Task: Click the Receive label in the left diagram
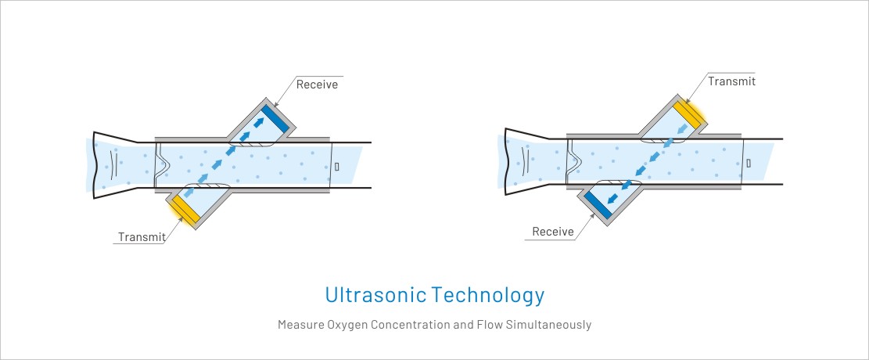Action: point(317,85)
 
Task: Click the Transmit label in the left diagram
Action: point(142,237)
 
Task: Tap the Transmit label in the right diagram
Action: point(731,81)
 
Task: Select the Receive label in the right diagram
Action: point(552,232)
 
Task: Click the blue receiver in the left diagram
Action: point(275,119)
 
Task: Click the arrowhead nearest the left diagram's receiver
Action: point(257,123)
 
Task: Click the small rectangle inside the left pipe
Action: point(337,166)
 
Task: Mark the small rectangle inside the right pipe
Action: point(749,163)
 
